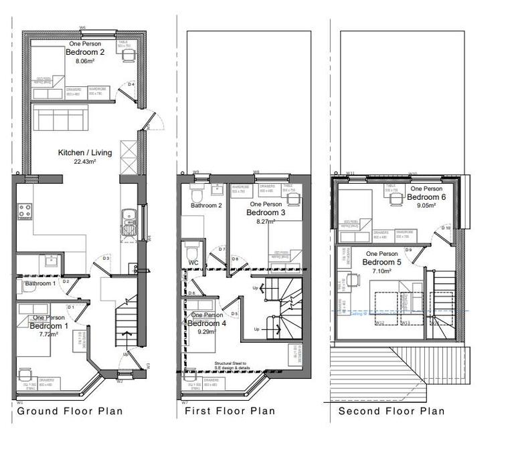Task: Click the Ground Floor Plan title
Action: click(70, 411)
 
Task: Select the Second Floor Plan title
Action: click(391, 411)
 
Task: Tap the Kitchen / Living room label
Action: click(85, 152)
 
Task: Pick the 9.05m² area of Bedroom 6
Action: click(426, 206)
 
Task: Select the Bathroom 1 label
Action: click(40, 284)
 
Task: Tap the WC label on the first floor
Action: click(193, 263)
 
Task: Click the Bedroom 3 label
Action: click(266, 212)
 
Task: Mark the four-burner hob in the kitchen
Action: click(25, 212)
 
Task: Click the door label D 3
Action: click(106, 258)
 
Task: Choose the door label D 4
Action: click(131, 84)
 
